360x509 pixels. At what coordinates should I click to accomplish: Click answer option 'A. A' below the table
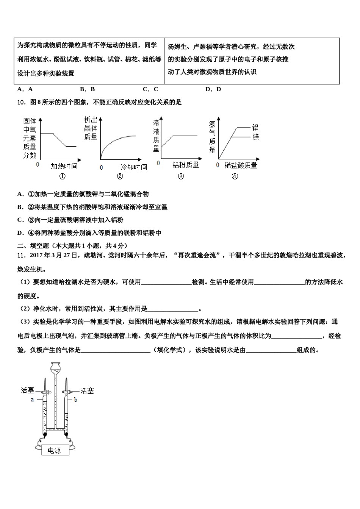[x=25, y=89]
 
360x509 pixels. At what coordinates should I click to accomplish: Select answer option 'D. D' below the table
[x=213, y=89]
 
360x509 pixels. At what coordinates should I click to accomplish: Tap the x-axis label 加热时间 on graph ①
[x=64, y=166]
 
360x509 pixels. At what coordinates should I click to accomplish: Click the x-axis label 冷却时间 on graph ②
[x=133, y=167]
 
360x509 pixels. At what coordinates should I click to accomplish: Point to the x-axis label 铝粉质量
[x=186, y=165]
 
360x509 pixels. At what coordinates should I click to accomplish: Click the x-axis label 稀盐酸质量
[x=241, y=165]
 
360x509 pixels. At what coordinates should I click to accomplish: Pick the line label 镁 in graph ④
[x=255, y=137]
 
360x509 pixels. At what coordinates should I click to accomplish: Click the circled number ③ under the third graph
[x=181, y=176]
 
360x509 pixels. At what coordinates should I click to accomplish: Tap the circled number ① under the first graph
[x=63, y=176]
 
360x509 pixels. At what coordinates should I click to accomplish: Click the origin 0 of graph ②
[x=101, y=167]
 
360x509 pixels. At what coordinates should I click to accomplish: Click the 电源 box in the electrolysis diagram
[x=54, y=450]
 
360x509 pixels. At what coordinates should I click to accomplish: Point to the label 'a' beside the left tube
[x=32, y=399]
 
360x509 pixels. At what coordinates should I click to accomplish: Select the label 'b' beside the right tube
[x=75, y=400]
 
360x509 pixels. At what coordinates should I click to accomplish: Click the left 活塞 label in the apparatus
[x=28, y=390]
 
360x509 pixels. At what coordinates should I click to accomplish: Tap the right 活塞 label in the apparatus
[x=87, y=390]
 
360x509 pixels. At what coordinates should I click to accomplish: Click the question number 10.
[x=21, y=102]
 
